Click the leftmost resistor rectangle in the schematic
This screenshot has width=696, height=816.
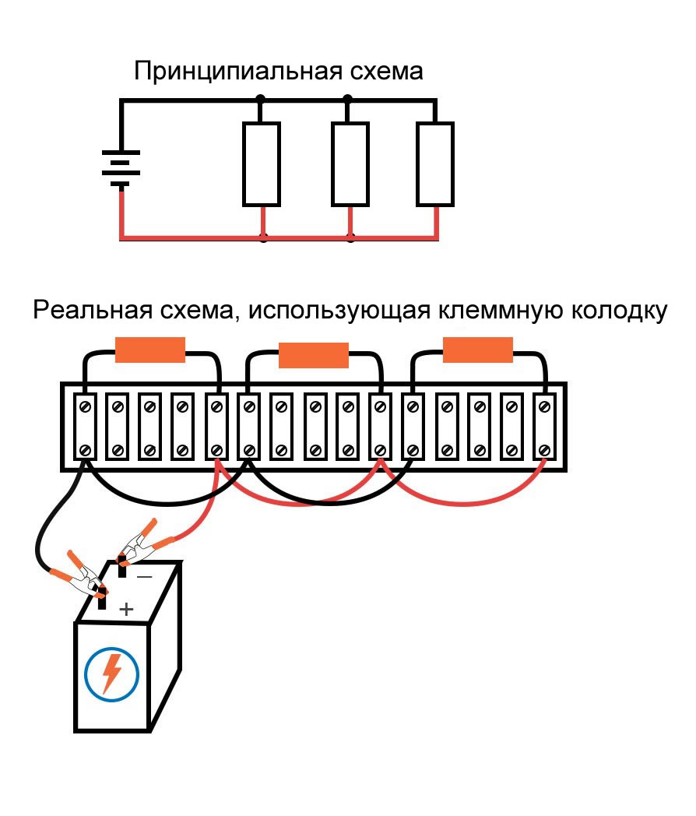261,164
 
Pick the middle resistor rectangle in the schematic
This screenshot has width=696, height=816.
350,164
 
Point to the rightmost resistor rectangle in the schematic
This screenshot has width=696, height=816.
434,164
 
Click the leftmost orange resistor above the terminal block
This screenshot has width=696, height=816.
150,350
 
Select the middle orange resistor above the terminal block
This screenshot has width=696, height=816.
314,355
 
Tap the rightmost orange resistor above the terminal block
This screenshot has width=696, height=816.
478,350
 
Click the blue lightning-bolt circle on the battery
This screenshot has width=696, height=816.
112,671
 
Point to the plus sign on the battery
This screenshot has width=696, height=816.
127,608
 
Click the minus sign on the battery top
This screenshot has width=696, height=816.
145,577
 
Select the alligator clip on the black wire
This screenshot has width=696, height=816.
84,580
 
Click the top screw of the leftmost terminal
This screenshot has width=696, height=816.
85,405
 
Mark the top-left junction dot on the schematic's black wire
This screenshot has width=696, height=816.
261,100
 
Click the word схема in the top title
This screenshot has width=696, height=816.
387,72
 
